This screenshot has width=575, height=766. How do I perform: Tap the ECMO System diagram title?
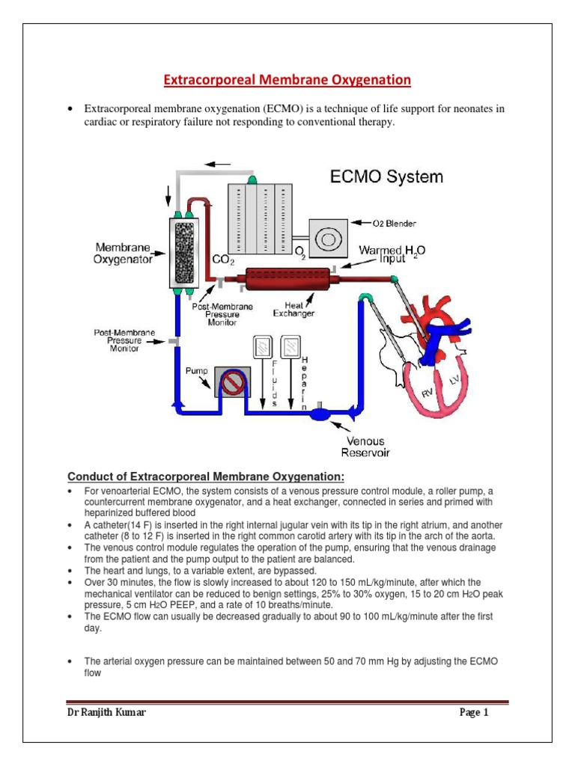(386, 177)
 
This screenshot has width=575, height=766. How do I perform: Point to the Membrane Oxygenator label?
(124, 253)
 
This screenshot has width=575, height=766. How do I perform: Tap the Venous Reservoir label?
(365, 447)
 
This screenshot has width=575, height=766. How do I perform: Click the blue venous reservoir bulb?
(320, 412)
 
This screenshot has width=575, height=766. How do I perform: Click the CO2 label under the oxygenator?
(224, 260)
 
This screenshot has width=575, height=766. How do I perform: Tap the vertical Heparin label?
(303, 382)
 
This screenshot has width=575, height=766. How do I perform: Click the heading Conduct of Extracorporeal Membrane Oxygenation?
(206, 477)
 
